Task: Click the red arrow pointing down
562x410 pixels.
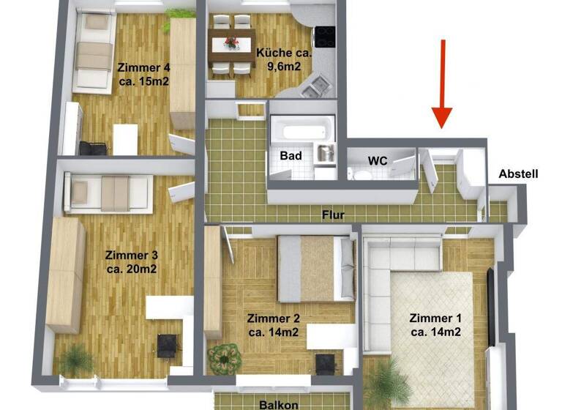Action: tap(443, 84)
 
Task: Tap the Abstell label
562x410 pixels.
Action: tap(518, 174)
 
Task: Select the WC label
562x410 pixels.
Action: tap(378, 160)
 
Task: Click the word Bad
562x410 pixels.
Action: tap(291, 156)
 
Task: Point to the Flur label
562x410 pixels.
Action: tap(333, 215)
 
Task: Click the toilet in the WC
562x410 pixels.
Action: tap(358, 173)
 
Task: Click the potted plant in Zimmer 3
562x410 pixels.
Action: tap(75, 360)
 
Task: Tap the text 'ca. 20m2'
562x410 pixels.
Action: tap(132, 269)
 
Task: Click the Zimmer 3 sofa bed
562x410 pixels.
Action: tap(110, 193)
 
